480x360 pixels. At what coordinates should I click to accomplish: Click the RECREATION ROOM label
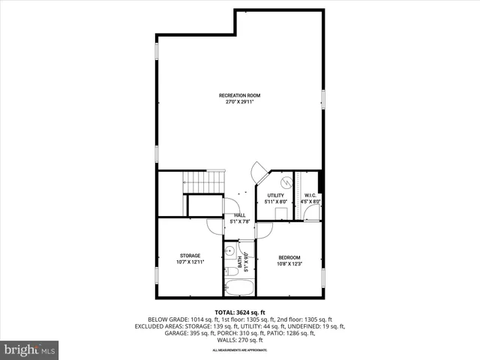pyautogui.click(x=239, y=95)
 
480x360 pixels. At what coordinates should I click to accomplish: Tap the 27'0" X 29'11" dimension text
pyautogui.click(x=239, y=102)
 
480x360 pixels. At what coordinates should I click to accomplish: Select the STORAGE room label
pyautogui.click(x=189, y=256)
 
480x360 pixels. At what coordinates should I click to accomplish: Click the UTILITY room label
pyautogui.click(x=275, y=195)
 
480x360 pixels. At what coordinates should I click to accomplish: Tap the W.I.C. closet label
pyautogui.click(x=310, y=195)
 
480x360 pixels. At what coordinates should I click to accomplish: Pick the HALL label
pyautogui.click(x=239, y=215)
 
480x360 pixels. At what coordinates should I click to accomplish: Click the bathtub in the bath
pyautogui.click(x=239, y=287)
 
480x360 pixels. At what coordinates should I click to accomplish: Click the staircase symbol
pyautogui.click(x=203, y=181)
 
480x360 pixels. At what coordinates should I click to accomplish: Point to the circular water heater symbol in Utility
pyautogui.click(x=286, y=182)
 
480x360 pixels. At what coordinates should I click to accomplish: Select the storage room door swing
pyautogui.click(x=214, y=226)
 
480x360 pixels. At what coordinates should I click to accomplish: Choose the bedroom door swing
pyautogui.click(x=263, y=229)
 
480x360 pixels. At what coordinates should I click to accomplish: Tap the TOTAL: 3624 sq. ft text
pyautogui.click(x=239, y=311)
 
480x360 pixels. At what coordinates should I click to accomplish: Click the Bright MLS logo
pyautogui.click(x=30, y=349)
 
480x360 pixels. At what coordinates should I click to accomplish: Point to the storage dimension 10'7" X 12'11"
pyautogui.click(x=189, y=262)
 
